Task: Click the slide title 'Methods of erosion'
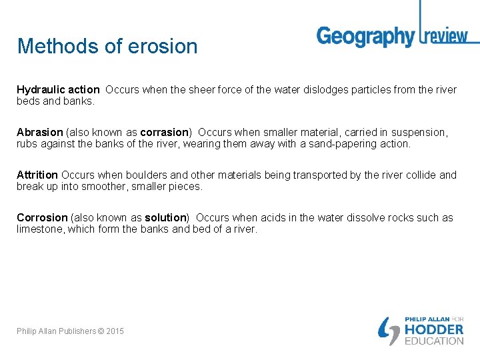[x=107, y=46]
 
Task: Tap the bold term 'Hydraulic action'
[x=58, y=89]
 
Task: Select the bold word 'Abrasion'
[x=39, y=132]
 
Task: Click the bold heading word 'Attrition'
[x=37, y=175]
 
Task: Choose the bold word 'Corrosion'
[x=42, y=217]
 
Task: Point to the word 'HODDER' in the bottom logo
[x=434, y=329]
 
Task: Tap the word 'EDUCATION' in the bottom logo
[x=434, y=341]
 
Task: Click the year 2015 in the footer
[x=114, y=331]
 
